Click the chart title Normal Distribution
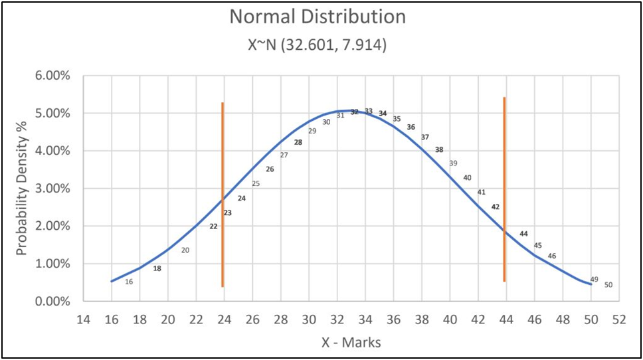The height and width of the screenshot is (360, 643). coord(318,17)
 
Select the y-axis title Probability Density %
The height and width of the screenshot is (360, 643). coord(23,189)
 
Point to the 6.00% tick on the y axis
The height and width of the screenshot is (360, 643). coord(53,76)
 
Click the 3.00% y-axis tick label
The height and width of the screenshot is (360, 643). coord(53,189)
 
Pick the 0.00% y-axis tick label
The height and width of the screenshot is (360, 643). coord(53,302)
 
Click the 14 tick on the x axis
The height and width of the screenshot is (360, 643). coord(83,319)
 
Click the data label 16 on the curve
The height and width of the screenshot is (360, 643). coord(129,282)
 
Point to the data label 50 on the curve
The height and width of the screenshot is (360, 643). coord(608,285)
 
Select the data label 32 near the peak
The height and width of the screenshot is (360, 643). coord(355,112)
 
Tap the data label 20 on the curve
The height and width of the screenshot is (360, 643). coord(185,250)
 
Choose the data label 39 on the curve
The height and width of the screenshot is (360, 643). coord(453,163)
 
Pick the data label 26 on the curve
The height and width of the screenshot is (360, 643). coord(270,169)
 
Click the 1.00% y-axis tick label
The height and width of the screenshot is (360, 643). coord(53,264)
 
